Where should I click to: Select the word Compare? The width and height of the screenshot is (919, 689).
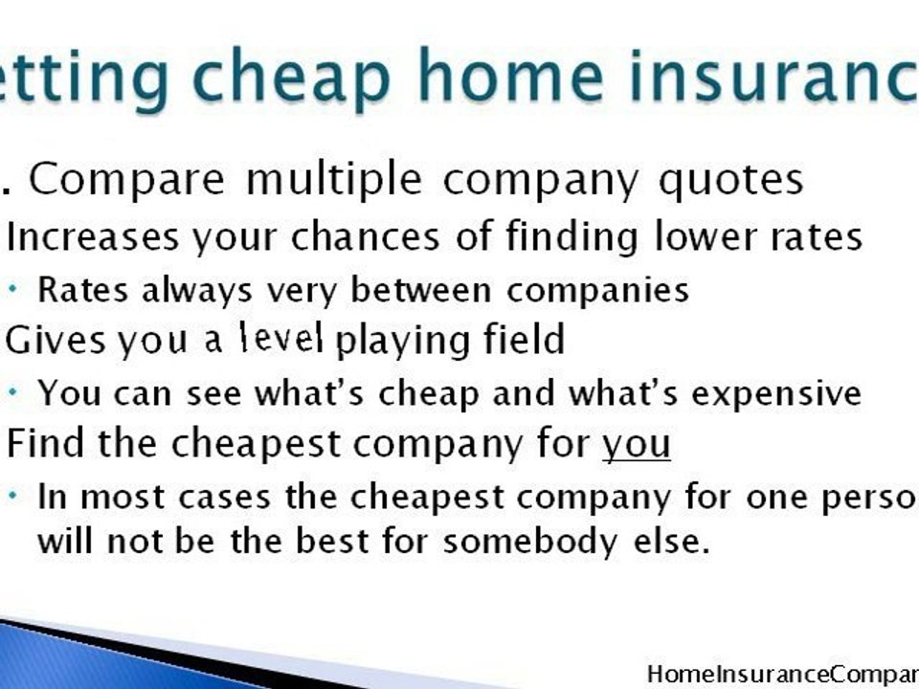127,180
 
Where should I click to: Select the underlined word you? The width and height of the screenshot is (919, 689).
636,446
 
